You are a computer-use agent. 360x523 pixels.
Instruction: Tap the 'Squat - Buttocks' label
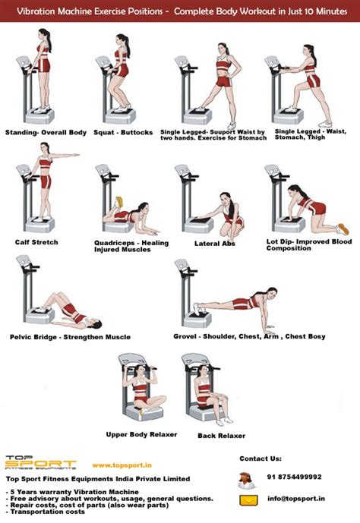[x=119, y=131]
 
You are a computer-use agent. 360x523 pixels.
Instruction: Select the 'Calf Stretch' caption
[x=36, y=242]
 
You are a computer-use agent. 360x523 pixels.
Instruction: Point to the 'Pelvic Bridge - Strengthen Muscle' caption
[x=70, y=336]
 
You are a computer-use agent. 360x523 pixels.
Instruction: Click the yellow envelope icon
[x=248, y=500]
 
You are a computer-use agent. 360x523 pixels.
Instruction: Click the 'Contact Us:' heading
[x=261, y=458]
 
